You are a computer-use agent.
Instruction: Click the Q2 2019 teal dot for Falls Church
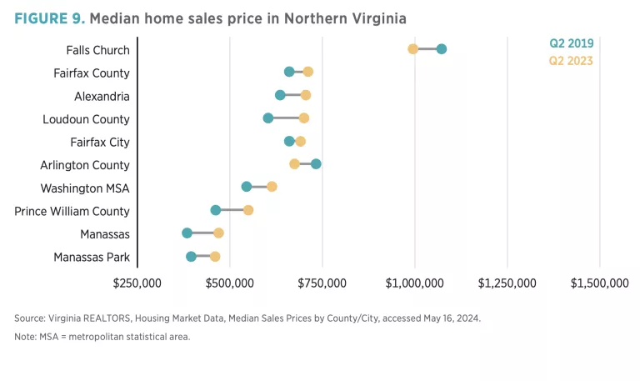pyautogui.click(x=442, y=49)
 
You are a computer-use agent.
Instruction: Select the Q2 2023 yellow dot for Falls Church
pyautogui.click(x=413, y=49)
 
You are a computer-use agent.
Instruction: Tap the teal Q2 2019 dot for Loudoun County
pyautogui.click(x=268, y=118)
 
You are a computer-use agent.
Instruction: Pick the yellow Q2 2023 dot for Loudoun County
pyautogui.click(x=304, y=118)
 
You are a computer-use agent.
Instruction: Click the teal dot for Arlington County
pyautogui.click(x=316, y=163)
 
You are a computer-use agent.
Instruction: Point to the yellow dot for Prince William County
pyautogui.click(x=248, y=210)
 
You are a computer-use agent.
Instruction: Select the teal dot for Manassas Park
pyautogui.click(x=192, y=256)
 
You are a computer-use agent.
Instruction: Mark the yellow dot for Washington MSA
pyautogui.click(x=272, y=187)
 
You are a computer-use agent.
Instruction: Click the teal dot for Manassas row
pyautogui.click(x=187, y=233)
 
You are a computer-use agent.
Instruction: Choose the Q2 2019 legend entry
pyautogui.click(x=571, y=43)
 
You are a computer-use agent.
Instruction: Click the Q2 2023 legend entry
pyautogui.click(x=571, y=60)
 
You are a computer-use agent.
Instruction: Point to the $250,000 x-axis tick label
pyautogui.click(x=137, y=283)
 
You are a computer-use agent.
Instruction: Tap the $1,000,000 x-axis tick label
pyautogui.click(x=415, y=283)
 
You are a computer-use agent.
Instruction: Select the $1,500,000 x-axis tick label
pyautogui.click(x=599, y=283)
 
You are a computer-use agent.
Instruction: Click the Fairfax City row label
pyautogui.click(x=100, y=142)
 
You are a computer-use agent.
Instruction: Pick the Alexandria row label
pyautogui.click(x=102, y=96)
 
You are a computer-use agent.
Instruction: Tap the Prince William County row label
pyautogui.click(x=72, y=211)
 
